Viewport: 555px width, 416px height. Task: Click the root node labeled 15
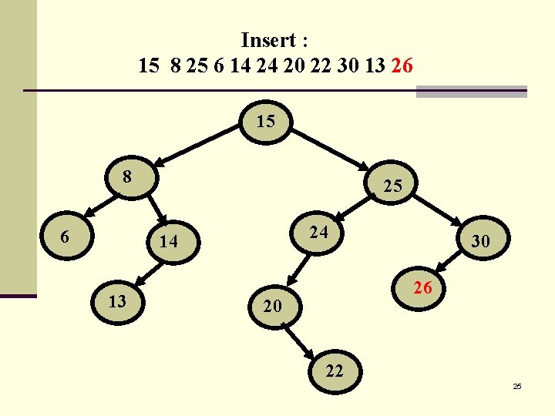(265, 122)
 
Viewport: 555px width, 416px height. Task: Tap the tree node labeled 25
(392, 186)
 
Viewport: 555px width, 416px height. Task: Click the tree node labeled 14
(168, 242)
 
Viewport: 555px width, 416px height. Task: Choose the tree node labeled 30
(480, 242)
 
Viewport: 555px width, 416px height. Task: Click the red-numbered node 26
(421, 289)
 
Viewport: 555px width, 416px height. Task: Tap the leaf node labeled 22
(334, 371)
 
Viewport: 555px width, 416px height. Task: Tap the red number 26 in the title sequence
(402, 65)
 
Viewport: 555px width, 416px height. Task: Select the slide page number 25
(517, 385)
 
